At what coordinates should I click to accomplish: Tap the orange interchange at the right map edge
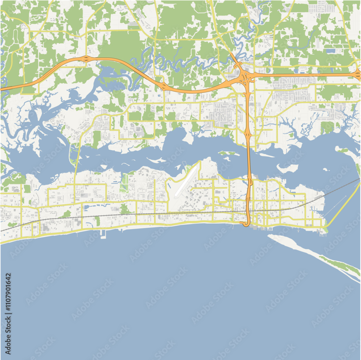(x=358, y=75)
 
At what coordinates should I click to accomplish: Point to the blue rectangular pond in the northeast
(x=330, y=51)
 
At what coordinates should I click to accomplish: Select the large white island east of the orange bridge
(x=287, y=168)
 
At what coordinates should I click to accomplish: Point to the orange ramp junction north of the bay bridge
(x=248, y=133)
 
